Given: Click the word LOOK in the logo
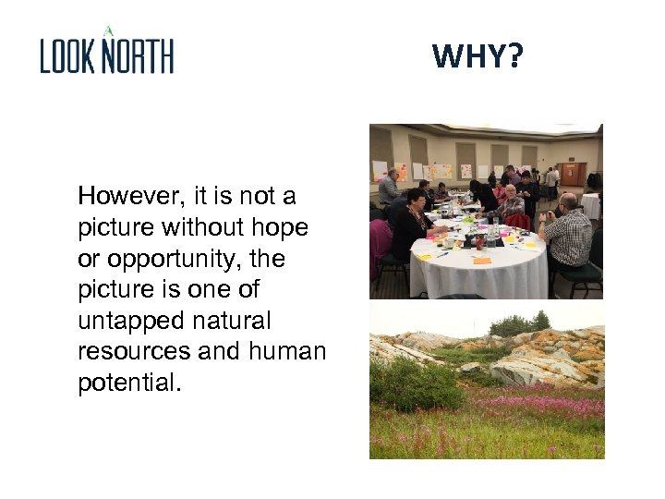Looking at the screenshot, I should pos(68,56).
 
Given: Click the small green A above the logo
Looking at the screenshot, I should pos(108,30).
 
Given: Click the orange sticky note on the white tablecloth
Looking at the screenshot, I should pos(482,260).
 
